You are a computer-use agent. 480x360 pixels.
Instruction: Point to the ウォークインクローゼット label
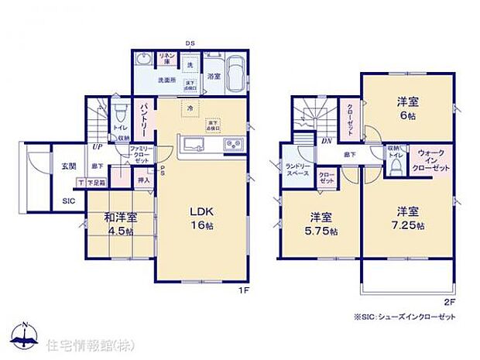point(431,160)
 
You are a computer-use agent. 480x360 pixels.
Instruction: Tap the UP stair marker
point(98,147)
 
